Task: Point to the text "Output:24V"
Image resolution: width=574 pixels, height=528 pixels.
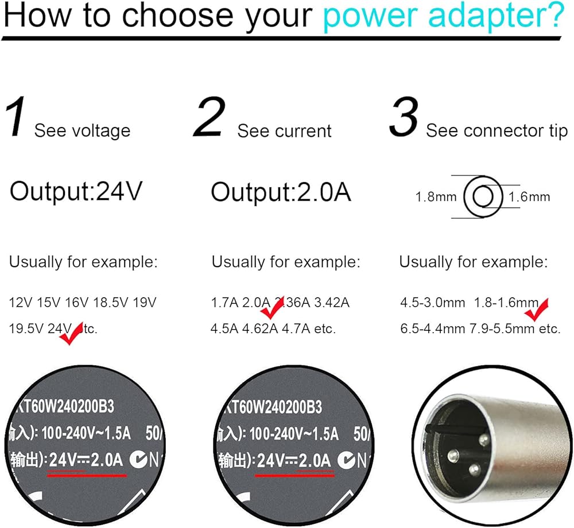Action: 75,191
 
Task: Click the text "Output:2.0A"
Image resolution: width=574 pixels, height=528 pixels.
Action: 281,191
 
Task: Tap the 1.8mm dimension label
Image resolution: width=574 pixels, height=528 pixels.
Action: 436,198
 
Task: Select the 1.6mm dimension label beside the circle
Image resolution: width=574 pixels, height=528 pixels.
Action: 529,198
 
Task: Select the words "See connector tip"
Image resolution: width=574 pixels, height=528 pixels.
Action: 497,131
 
